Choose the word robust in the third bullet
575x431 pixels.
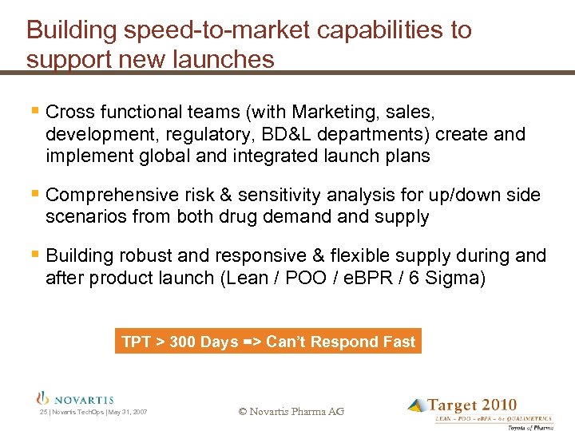click(146, 255)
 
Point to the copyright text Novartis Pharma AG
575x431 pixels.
click(291, 411)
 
